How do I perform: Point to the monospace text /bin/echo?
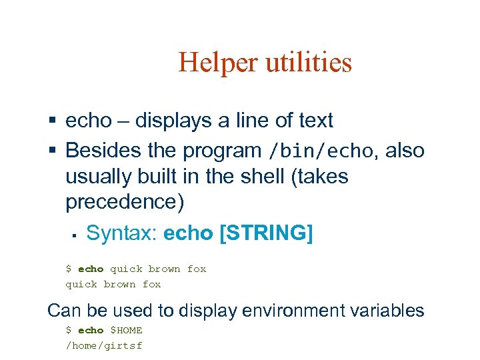(x=319, y=151)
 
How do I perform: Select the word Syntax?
(x=122, y=233)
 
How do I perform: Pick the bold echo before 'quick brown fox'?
(x=91, y=269)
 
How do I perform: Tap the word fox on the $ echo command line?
(x=197, y=269)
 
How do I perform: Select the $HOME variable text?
(x=126, y=331)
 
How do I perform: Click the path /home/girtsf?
(x=103, y=345)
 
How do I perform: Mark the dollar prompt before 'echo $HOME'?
(x=68, y=331)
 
